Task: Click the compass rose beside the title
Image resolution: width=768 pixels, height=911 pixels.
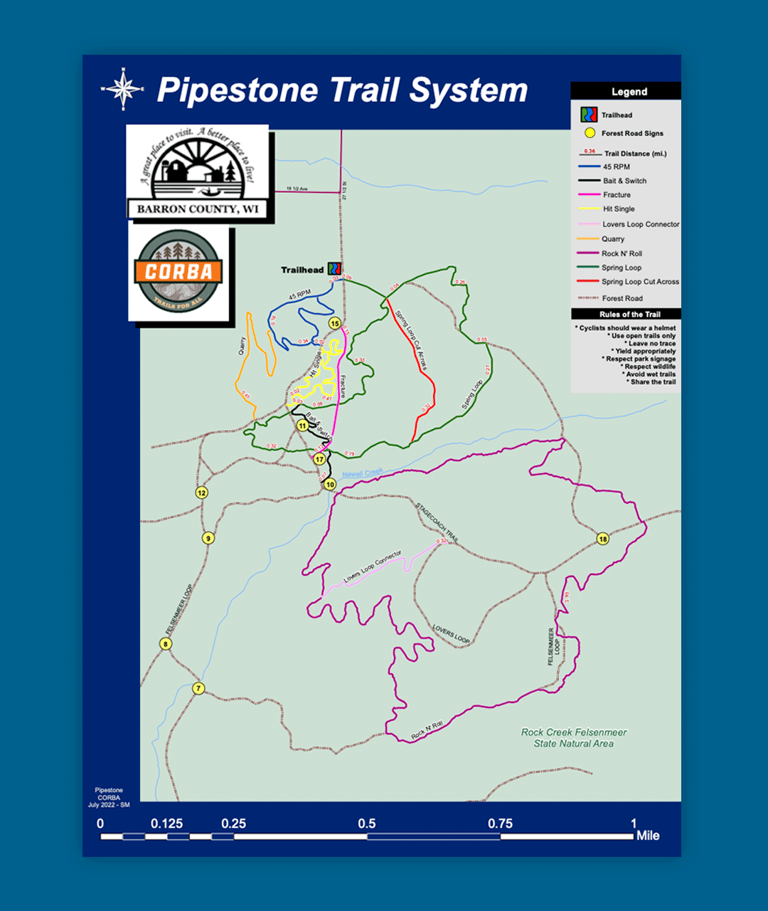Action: point(123,90)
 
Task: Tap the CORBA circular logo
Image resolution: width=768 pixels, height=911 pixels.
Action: point(178,272)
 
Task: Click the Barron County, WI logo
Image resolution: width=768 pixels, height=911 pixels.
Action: point(198,173)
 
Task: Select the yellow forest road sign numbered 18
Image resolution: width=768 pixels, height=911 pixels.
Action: point(603,539)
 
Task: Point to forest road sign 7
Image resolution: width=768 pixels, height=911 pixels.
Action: point(199,688)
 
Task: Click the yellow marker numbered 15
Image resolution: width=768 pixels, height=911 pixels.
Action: point(334,324)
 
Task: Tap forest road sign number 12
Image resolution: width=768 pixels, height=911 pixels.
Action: point(202,493)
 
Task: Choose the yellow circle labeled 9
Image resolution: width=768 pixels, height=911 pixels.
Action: point(208,538)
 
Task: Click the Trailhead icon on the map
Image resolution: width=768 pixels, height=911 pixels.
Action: point(334,269)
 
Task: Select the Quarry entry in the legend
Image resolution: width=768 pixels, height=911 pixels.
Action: point(612,239)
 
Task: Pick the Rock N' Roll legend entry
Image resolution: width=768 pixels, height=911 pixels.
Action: point(621,253)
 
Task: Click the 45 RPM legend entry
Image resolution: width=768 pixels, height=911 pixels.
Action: point(616,167)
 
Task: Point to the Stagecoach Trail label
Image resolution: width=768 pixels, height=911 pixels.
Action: point(437,523)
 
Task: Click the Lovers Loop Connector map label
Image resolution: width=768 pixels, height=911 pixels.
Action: point(373,567)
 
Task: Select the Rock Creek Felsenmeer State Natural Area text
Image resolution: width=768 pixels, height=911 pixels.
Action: point(574,737)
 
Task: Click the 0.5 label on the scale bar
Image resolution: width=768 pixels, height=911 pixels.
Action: point(367,823)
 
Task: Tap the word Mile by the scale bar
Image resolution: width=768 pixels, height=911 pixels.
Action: point(647,836)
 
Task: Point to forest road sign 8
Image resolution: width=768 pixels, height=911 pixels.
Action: point(166,644)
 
